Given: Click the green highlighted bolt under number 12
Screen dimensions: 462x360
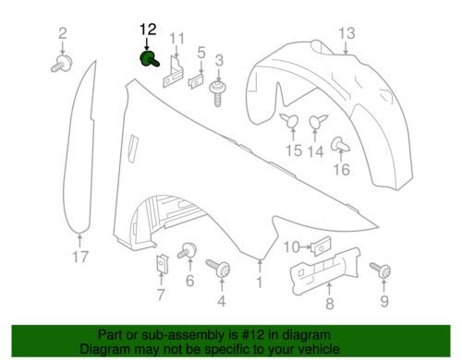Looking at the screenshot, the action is (x=149, y=59).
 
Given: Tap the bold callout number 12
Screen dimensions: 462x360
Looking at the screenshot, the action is (x=148, y=30).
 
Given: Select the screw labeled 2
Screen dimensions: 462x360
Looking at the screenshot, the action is (x=62, y=64).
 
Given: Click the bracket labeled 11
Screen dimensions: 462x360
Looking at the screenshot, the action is (x=173, y=71).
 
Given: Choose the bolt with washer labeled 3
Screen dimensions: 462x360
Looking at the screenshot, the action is (x=218, y=92).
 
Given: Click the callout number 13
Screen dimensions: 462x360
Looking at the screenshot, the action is (x=346, y=33).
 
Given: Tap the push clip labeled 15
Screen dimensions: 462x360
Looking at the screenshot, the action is (x=290, y=120).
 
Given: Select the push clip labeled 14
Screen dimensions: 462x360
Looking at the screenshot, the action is (x=318, y=121).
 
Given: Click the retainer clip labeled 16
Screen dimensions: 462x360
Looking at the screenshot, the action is (x=340, y=145).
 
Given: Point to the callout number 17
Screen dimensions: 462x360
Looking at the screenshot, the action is (x=80, y=257).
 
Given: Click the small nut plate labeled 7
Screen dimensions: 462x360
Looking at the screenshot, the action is (x=162, y=263).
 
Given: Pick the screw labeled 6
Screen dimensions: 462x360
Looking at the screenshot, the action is (x=187, y=250).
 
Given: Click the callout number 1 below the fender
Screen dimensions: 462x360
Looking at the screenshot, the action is (x=260, y=282).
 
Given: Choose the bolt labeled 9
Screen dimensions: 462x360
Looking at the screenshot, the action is (x=381, y=270).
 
